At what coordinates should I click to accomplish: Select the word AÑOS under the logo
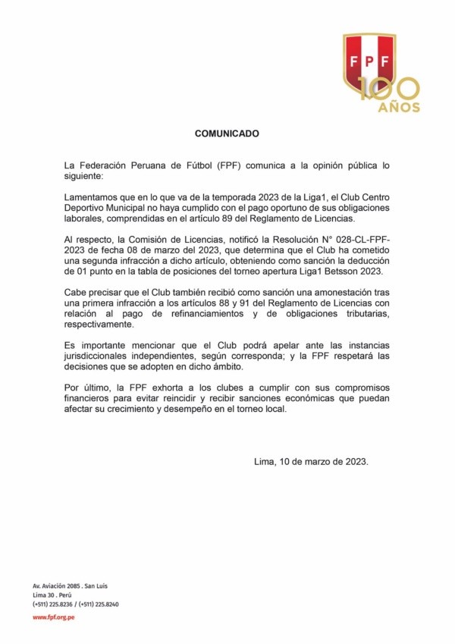[399, 108]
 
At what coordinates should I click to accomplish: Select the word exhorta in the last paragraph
[175, 388]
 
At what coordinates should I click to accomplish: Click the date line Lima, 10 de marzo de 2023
[311, 461]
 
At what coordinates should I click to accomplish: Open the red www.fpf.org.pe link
[53, 617]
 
